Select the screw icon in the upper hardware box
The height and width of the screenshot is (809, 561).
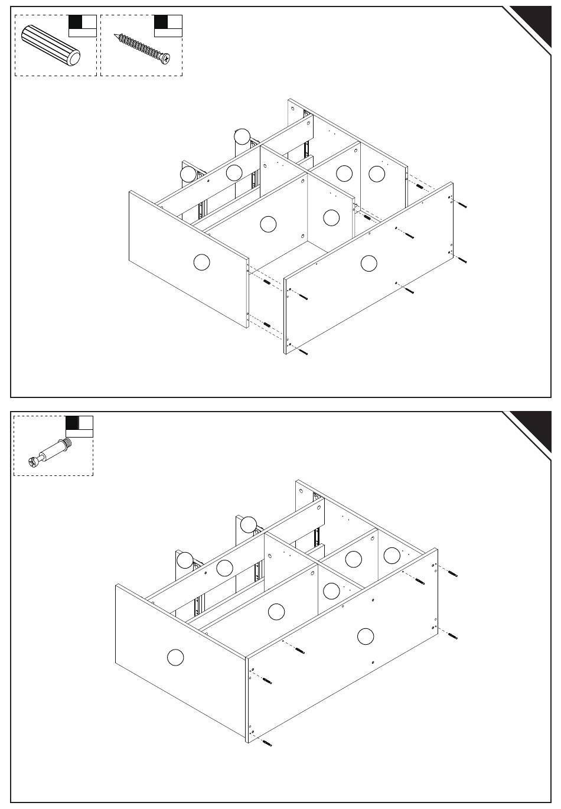(142, 47)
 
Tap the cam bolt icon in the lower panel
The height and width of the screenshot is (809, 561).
(50, 451)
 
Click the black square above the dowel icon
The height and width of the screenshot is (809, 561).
(76, 22)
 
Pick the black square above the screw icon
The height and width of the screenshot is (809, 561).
(161, 22)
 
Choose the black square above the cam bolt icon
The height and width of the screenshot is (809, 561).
(72, 423)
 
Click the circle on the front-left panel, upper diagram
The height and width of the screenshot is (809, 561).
(202, 262)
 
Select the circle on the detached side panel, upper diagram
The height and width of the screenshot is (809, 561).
(368, 263)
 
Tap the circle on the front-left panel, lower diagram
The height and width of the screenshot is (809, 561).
(175, 657)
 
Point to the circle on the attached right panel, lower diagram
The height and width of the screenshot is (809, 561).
(366, 637)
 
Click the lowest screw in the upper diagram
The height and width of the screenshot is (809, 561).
(304, 353)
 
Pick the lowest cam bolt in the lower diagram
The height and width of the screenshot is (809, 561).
(266, 742)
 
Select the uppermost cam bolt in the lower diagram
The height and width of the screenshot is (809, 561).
(452, 573)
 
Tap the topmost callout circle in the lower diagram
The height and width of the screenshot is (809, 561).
(249, 524)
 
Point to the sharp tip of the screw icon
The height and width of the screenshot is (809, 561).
(115, 35)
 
